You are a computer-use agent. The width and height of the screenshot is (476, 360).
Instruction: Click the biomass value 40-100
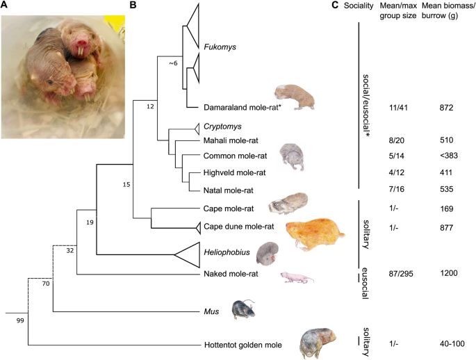click(452, 344)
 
